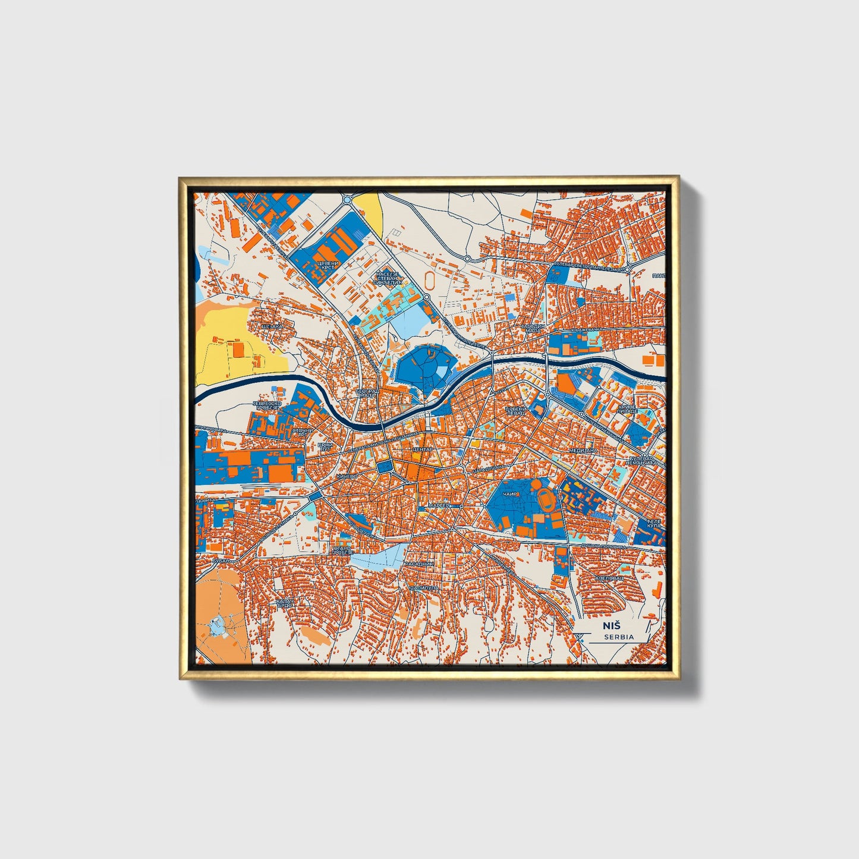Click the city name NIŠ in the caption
point(611,625)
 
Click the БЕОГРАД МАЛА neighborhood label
point(367,394)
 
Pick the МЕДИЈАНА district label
point(582,451)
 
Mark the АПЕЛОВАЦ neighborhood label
point(609,578)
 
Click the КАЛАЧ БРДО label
point(284,603)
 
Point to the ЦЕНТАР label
point(423,449)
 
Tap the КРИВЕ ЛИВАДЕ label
point(627,410)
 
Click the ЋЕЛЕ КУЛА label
point(655,524)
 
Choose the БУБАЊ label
point(221,560)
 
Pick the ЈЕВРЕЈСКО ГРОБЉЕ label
point(266,405)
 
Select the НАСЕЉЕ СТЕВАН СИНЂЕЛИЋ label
point(389,278)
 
